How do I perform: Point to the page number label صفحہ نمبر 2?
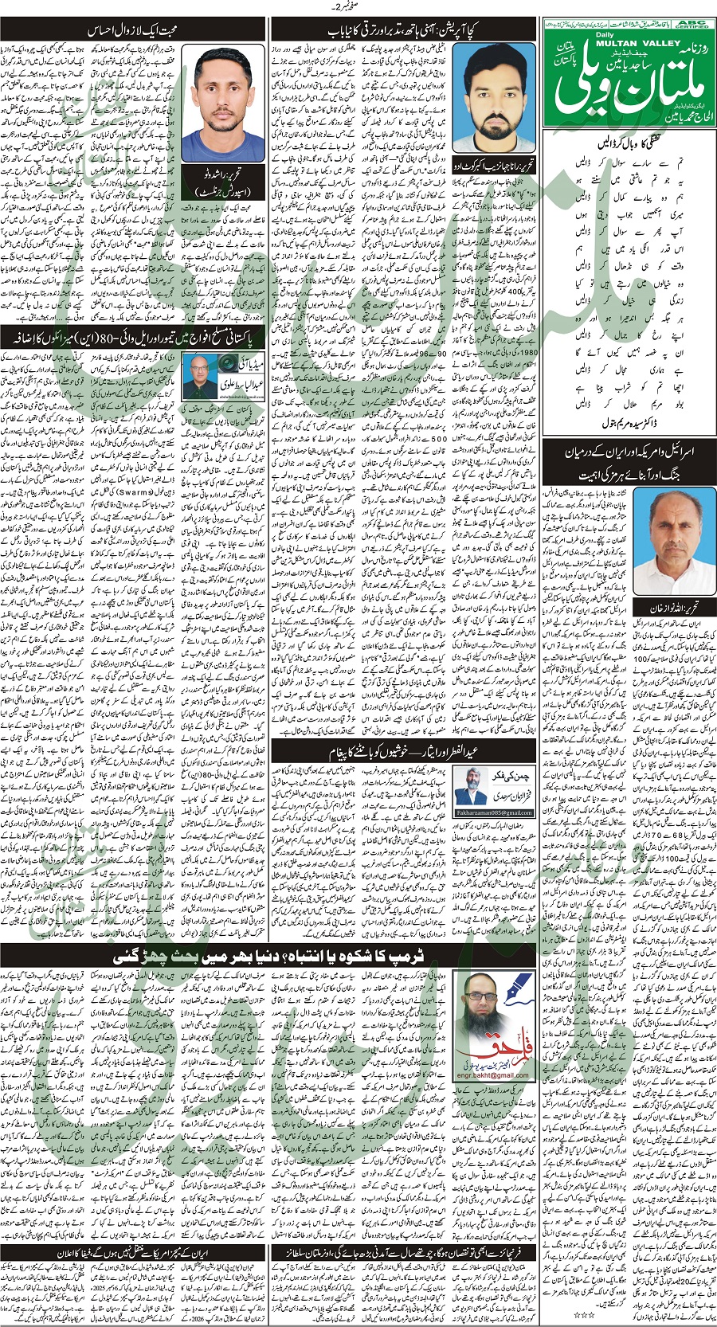click(358, 7)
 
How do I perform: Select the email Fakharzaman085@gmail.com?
click(494, 812)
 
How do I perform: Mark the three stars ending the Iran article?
click(588, 1313)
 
